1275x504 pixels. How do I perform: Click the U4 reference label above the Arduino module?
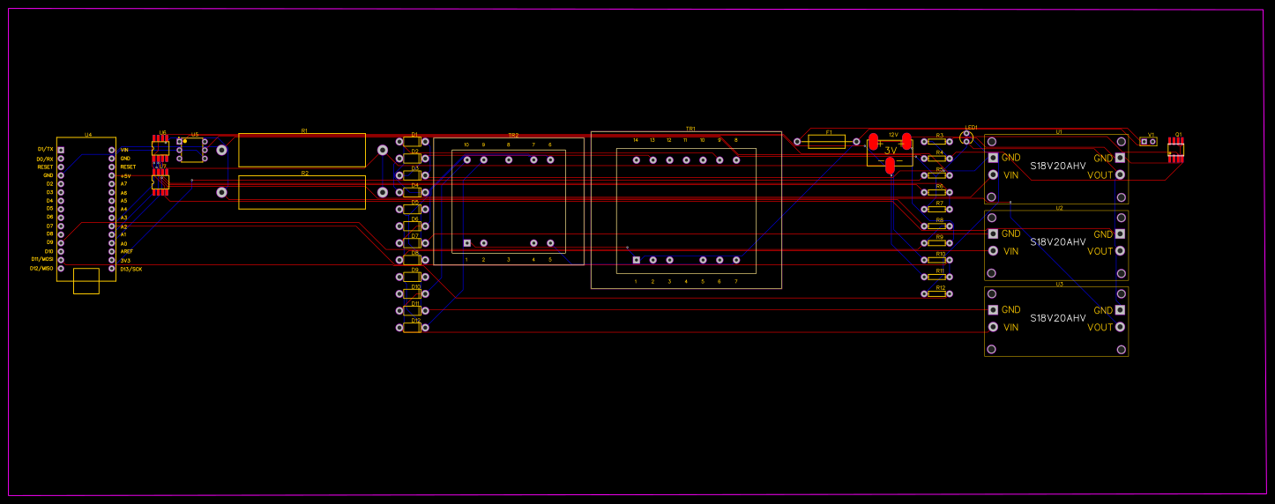click(x=88, y=135)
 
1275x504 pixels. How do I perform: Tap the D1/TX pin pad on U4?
click(x=61, y=150)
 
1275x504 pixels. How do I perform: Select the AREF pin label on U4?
click(x=127, y=252)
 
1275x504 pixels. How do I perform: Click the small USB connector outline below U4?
click(x=86, y=281)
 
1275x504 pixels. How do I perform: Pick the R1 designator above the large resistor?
click(x=304, y=130)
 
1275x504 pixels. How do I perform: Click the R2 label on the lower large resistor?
click(x=304, y=174)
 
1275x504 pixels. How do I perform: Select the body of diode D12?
click(x=412, y=327)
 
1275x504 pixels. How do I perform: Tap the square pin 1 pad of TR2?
click(x=467, y=242)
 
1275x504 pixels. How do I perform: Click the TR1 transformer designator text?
click(x=690, y=129)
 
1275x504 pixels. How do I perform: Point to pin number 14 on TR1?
click(x=636, y=140)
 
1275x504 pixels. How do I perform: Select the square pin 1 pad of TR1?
click(x=637, y=260)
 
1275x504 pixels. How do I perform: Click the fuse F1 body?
click(x=826, y=142)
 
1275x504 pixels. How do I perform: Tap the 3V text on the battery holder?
click(x=891, y=151)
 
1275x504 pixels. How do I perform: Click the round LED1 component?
click(x=966, y=136)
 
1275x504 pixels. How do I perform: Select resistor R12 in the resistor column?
click(x=936, y=293)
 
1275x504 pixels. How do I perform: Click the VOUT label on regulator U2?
click(x=1100, y=251)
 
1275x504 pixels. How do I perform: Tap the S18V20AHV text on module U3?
click(x=1057, y=318)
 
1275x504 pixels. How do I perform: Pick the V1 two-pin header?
click(x=1148, y=141)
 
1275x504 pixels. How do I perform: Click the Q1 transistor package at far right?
click(x=1175, y=150)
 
